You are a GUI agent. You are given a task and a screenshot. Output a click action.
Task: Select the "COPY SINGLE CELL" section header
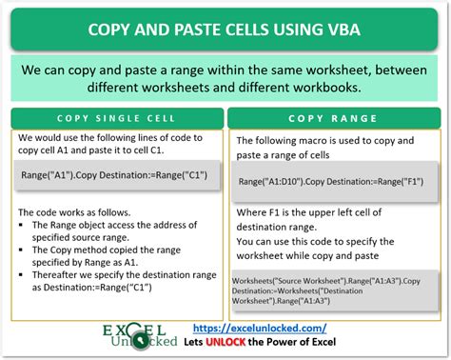(117, 118)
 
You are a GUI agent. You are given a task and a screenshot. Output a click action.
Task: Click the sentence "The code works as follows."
(76, 211)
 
